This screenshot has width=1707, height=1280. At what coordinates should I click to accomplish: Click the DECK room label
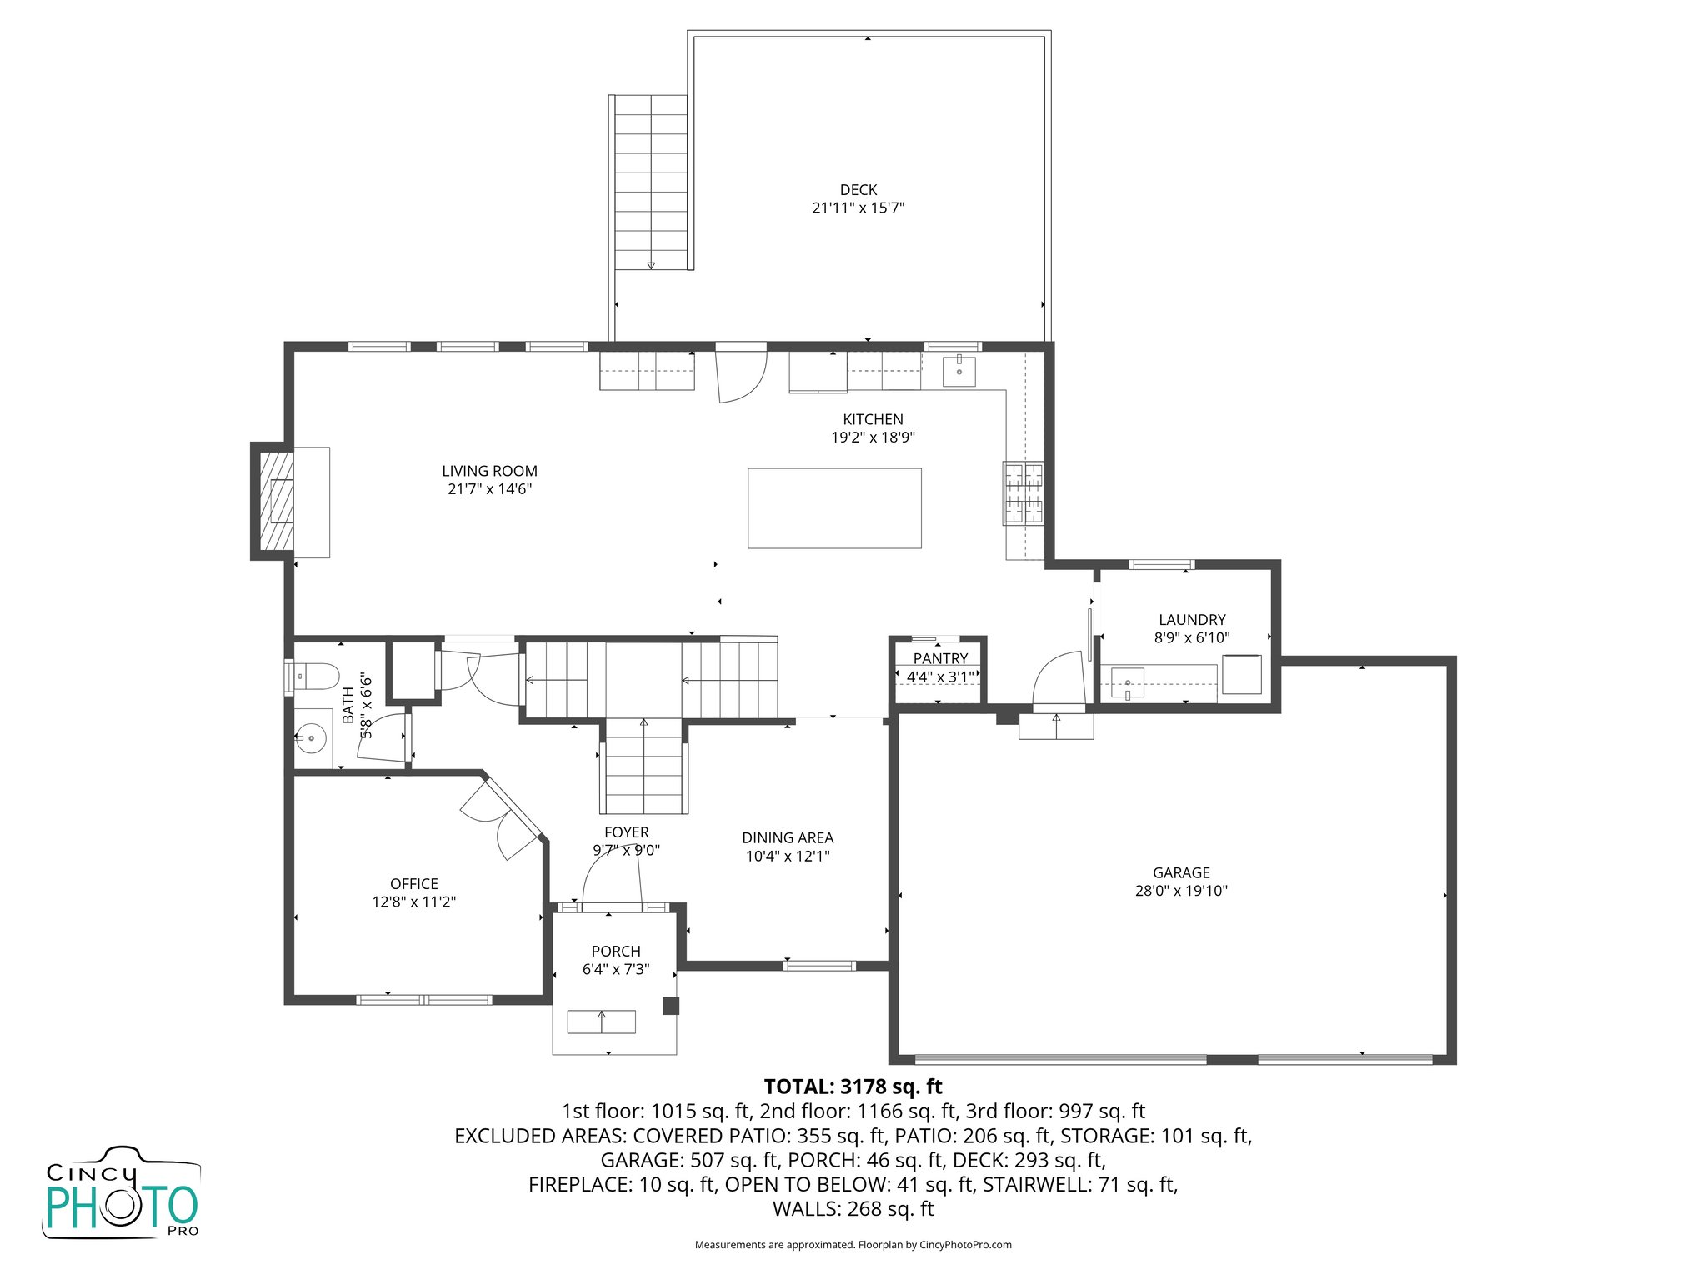tap(858, 190)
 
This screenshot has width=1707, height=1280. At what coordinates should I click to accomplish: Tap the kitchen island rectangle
tap(834, 508)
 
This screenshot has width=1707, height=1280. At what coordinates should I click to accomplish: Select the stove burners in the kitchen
tap(1023, 493)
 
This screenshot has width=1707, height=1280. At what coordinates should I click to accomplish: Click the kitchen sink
tap(959, 371)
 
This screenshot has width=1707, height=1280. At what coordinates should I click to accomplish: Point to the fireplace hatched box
tap(277, 502)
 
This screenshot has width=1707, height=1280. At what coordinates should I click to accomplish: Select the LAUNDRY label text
tap(1192, 620)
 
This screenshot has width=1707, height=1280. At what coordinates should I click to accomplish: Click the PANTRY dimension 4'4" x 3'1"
tap(940, 677)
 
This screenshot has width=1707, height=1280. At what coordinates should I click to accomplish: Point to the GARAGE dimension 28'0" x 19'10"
tap(1181, 891)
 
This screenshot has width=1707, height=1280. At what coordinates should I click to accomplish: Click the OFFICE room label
tap(413, 884)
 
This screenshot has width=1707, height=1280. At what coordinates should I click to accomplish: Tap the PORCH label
tap(616, 952)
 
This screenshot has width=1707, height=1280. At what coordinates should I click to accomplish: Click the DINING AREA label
tap(788, 838)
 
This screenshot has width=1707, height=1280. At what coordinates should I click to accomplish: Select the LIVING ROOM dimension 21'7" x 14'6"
tap(489, 489)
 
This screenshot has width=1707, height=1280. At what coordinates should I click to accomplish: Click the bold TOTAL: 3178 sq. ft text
tap(853, 1087)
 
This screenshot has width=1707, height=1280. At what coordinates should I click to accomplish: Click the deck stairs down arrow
tap(651, 264)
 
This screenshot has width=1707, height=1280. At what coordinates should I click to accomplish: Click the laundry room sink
tap(1128, 683)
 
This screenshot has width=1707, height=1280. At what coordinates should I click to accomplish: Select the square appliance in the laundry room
tap(1242, 674)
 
